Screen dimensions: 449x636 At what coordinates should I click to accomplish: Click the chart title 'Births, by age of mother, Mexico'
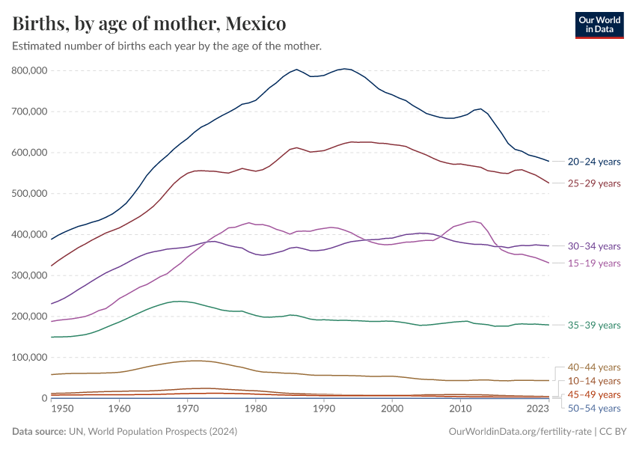[150, 23]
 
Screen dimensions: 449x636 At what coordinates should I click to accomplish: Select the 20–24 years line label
[594, 162]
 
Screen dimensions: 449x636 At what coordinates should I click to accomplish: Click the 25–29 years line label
[594, 183]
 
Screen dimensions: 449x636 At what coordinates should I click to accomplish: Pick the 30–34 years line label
[594, 246]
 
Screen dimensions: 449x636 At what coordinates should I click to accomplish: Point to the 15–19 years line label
[594, 263]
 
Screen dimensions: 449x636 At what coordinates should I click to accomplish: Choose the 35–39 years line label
[594, 326]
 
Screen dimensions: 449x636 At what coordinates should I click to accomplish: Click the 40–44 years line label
[594, 367]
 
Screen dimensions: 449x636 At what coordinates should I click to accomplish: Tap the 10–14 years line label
[594, 381]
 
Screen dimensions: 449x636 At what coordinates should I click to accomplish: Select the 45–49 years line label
[594, 394]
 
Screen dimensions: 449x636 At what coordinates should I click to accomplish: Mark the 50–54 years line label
[594, 408]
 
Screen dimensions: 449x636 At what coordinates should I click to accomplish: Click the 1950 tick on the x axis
[62, 409]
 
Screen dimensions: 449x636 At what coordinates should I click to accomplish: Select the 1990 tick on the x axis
[323, 409]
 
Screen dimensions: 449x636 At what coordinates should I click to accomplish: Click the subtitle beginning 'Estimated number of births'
[167, 46]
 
